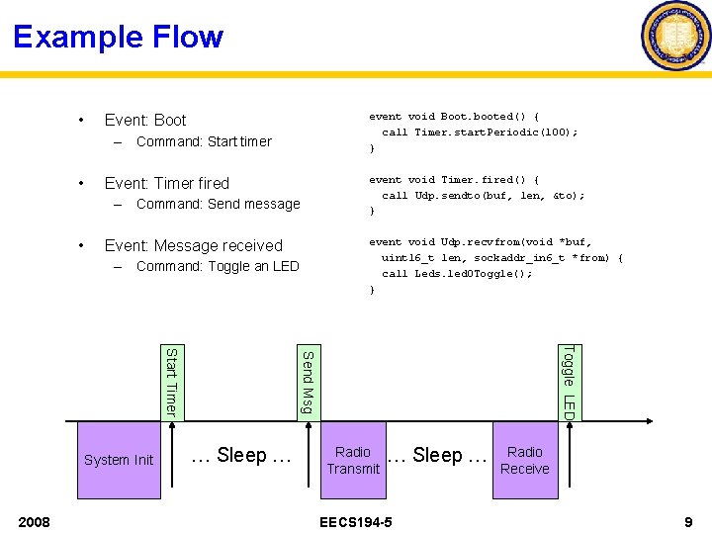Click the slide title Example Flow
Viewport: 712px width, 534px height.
point(119,38)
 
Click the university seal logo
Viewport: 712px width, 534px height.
point(675,37)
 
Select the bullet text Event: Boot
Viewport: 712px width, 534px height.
point(145,120)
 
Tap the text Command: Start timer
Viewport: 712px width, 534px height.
point(204,141)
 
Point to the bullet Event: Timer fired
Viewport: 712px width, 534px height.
point(166,183)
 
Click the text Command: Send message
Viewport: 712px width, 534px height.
point(218,204)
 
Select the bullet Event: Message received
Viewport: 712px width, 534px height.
point(193,245)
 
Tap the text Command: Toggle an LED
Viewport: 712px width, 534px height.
point(218,266)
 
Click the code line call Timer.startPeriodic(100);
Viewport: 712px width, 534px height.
point(480,132)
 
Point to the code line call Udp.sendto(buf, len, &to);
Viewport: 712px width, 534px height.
point(483,195)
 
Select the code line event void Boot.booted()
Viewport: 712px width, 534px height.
point(454,116)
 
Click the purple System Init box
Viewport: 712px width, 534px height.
point(119,459)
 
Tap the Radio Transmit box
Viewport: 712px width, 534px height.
point(353,460)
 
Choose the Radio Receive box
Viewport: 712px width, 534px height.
point(524,460)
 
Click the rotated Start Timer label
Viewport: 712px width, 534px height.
point(170,381)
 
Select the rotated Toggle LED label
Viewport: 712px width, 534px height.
point(568,381)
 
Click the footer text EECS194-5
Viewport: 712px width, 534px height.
point(356,521)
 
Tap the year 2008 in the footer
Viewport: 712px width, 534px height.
point(35,521)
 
